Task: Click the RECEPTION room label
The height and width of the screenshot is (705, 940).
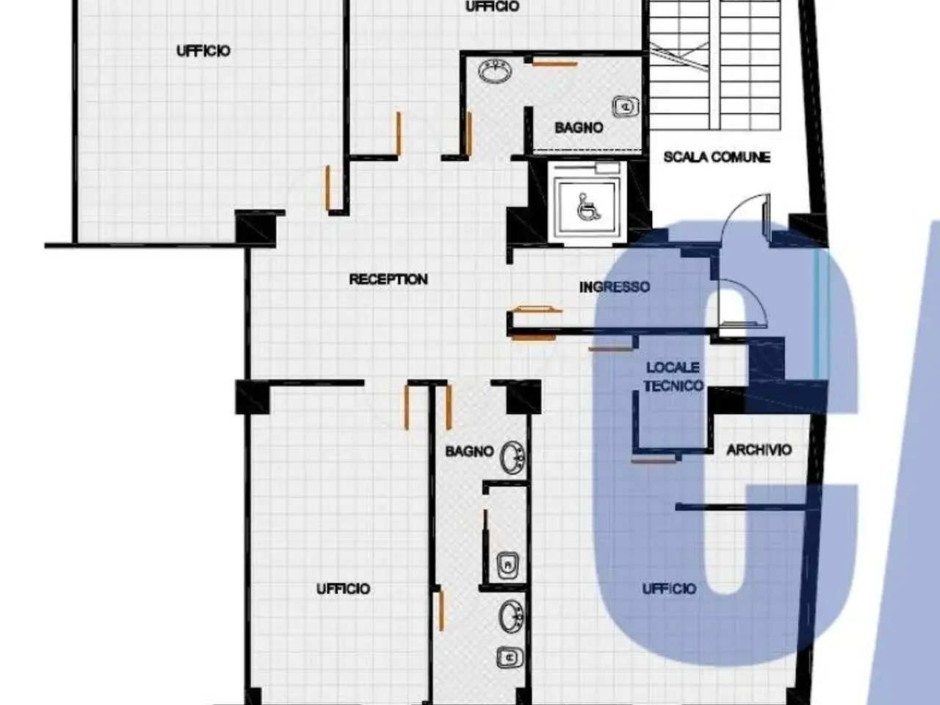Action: click(388, 280)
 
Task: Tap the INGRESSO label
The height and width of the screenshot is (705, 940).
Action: click(615, 287)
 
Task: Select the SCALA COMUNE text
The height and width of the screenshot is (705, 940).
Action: click(717, 157)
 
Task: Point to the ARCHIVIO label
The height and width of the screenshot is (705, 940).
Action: click(759, 449)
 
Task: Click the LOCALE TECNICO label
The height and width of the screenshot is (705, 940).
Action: click(673, 377)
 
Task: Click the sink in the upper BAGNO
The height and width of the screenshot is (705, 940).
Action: click(495, 70)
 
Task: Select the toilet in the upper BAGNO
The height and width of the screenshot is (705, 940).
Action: click(626, 106)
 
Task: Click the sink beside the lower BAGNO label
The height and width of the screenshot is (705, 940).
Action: click(513, 458)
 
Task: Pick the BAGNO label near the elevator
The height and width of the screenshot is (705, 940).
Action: click(579, 128)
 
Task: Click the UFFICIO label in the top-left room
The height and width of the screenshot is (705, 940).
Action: click(203, 51)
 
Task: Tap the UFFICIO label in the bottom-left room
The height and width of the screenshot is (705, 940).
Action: click(343, 589)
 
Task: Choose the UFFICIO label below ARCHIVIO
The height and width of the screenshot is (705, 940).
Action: click(669, 589)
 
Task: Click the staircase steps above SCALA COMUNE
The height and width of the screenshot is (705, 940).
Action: click(715, 64)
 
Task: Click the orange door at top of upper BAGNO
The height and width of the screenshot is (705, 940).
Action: click(554, 64)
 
